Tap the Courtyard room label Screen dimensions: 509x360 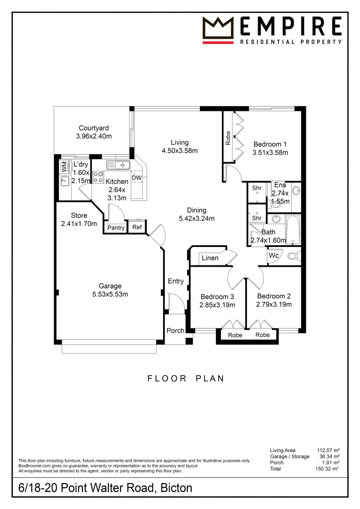click(x=94, y=128)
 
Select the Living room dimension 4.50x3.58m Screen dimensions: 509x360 click(x=180, y=151)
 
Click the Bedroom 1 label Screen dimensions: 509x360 click(x=270, y=144)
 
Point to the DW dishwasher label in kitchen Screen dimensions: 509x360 click(x=136, y=178)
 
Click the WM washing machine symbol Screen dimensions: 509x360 click(x=64, y=166)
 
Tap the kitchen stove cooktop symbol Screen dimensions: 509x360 click(x=98, y=177)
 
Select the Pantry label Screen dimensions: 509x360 click(x=115, y=228)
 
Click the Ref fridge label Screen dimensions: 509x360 click(x=137, y=228)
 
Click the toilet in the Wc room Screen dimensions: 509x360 click(x=293, y=256)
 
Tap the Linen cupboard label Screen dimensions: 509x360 click(x=210, y=258)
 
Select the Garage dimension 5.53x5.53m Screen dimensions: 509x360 click(x=110, y=294)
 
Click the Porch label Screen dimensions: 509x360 click(x=175, y=330)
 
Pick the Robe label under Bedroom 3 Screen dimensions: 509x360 click(x=235, y=335)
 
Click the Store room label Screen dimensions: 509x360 click(x=79, y=215)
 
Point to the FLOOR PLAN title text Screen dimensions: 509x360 click(x=185, y=378)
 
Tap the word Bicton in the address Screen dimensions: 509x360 click(x=176, y=488)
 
